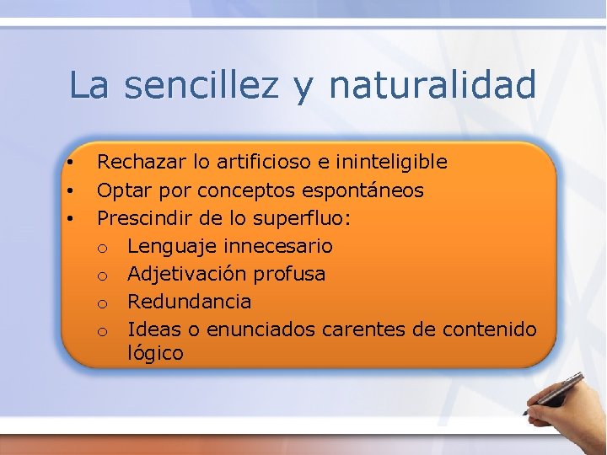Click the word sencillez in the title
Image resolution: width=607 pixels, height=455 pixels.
(200, 85)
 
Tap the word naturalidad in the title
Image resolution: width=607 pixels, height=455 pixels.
(432, 85)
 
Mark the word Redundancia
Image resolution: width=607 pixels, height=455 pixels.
(189, 302)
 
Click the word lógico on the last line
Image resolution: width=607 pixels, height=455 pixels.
(155, 354)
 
